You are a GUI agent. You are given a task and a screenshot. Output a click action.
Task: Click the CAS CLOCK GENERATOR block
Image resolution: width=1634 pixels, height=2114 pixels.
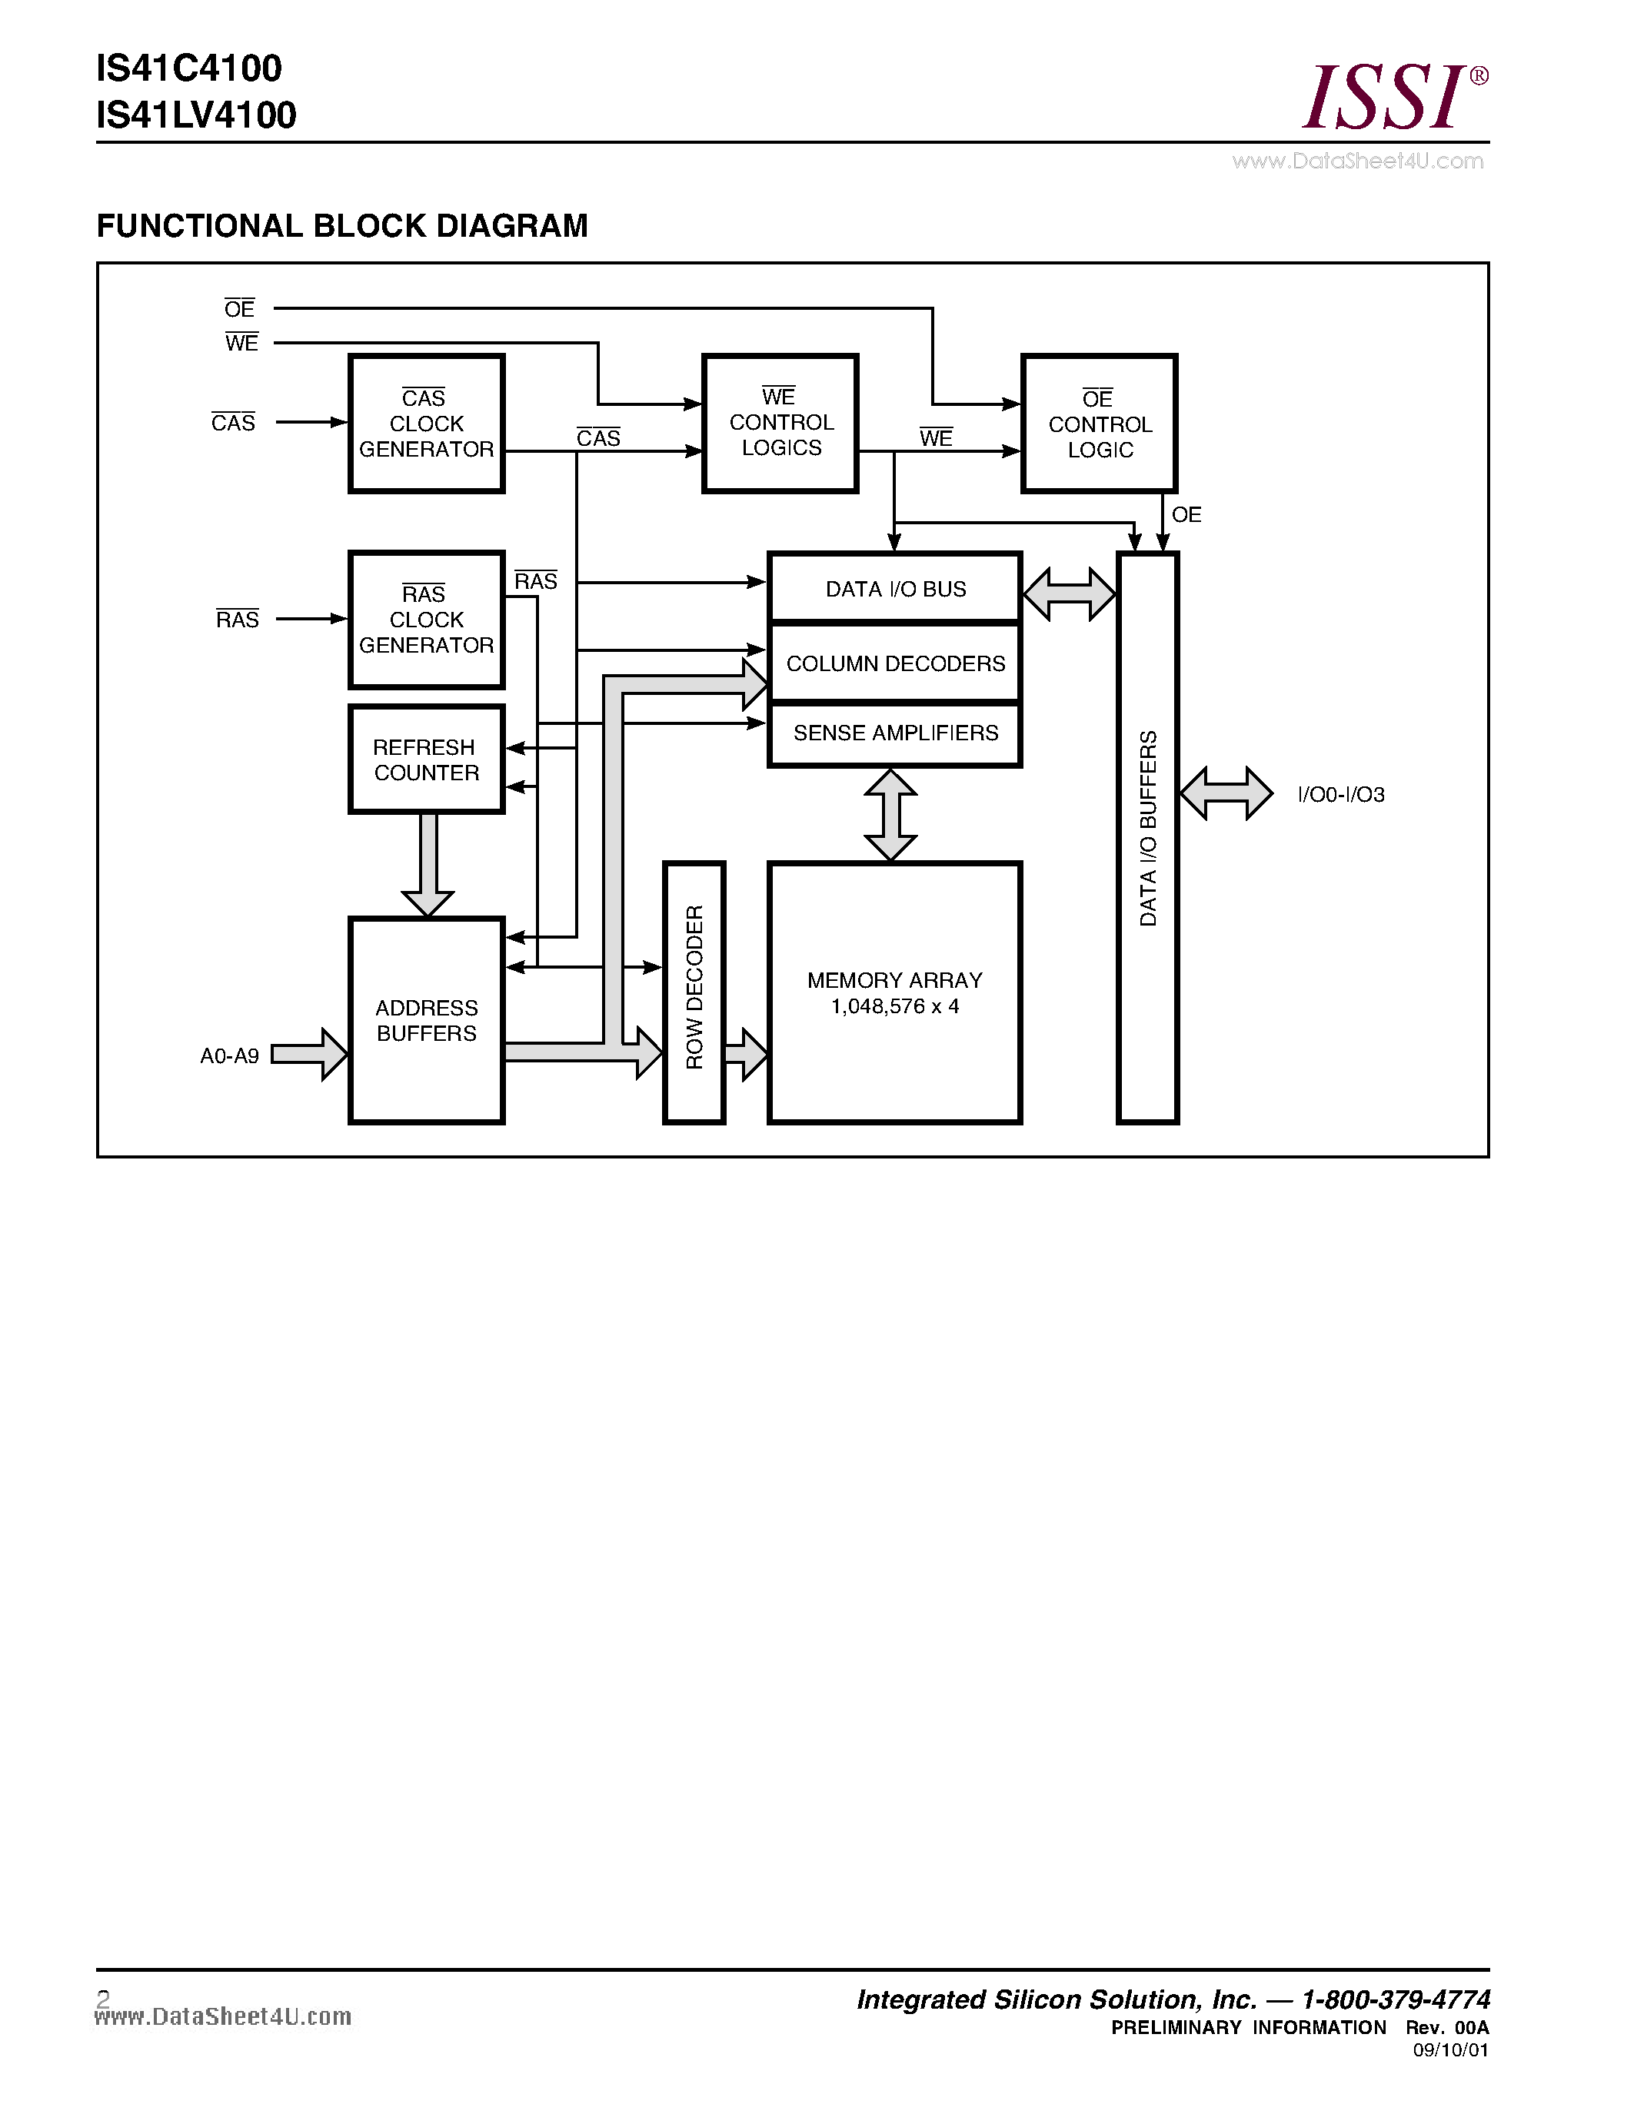point(426,424)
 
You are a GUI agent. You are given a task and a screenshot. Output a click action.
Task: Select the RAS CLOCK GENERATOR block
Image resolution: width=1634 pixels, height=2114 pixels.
point(426,620)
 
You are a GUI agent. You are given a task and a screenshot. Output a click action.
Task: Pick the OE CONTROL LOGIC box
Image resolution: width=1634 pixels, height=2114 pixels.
point(1099,424)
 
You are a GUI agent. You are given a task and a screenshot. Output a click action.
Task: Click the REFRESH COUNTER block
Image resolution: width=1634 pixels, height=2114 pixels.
point(426,760)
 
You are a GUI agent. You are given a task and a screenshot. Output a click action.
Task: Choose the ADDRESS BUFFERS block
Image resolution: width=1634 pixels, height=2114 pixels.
point(426,1020)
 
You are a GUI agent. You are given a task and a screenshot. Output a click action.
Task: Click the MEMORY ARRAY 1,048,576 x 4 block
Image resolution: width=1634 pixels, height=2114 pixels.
point(894,993)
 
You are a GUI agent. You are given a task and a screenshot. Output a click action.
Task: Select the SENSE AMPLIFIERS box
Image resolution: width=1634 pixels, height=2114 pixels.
point(894,733)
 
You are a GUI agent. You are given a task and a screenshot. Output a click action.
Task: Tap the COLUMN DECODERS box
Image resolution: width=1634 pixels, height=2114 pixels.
point(894,664)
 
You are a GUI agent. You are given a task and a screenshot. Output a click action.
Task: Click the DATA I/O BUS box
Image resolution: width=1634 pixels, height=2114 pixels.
point(894,589)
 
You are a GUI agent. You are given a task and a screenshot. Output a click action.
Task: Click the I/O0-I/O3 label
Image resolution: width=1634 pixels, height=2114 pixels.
point(1341,795)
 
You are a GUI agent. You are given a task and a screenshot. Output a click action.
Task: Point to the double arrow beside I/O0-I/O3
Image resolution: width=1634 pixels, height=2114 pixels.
point(1226,794)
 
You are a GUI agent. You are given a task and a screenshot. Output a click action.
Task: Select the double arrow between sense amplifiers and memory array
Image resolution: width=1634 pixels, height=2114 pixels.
point(890,815)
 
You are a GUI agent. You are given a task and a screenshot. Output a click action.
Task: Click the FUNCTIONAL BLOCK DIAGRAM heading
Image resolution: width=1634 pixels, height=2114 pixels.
point(341,225)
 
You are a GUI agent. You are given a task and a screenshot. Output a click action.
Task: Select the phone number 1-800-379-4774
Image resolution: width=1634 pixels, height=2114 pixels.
point(1395,1999)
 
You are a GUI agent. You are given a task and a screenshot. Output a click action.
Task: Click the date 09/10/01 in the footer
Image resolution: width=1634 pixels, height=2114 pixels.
point(1450,2050)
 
